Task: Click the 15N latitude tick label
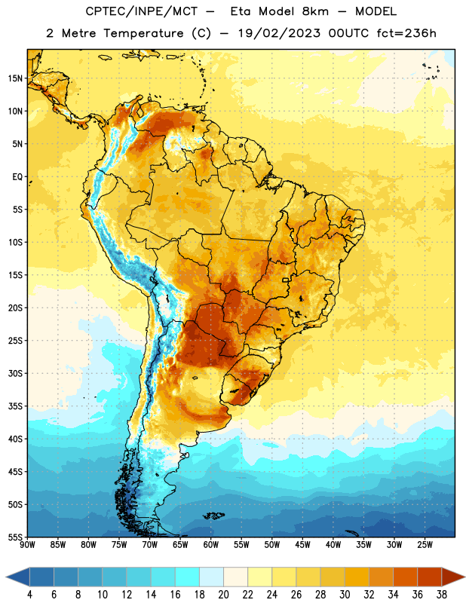click(x=15, y=78)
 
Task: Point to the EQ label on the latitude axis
click(x=17, y=177)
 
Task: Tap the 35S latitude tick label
click(x=15, y=406)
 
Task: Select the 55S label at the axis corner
click(x=15, y=537)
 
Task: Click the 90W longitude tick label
click(x=27, y=544)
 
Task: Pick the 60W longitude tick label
click(x=211, y=544)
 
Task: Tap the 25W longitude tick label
click(x=425, y=544)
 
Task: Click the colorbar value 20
click(x=223, y=595)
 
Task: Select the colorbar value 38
click(x=442, y=595)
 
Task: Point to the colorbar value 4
click(x=29, y=595)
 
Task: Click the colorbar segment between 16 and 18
click(x=187, y=577)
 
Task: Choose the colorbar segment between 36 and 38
click(x=430, y=577)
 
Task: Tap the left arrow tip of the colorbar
click(x=6, y=577)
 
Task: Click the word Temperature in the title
click(x=143, y=33)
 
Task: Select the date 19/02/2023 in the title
click(x=279, y=33)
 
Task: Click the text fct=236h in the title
click(x=406, y=33)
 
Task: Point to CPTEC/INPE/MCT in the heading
click(x=141, y=11)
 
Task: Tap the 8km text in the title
click(x=315, y=11)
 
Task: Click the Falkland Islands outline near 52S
click(x=213, y=516)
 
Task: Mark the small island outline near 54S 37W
click(x=352, y=534)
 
